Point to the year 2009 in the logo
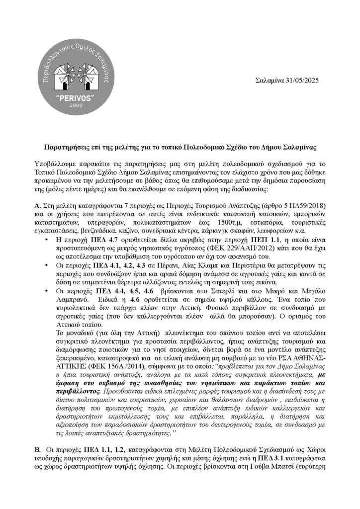coord(74,106)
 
